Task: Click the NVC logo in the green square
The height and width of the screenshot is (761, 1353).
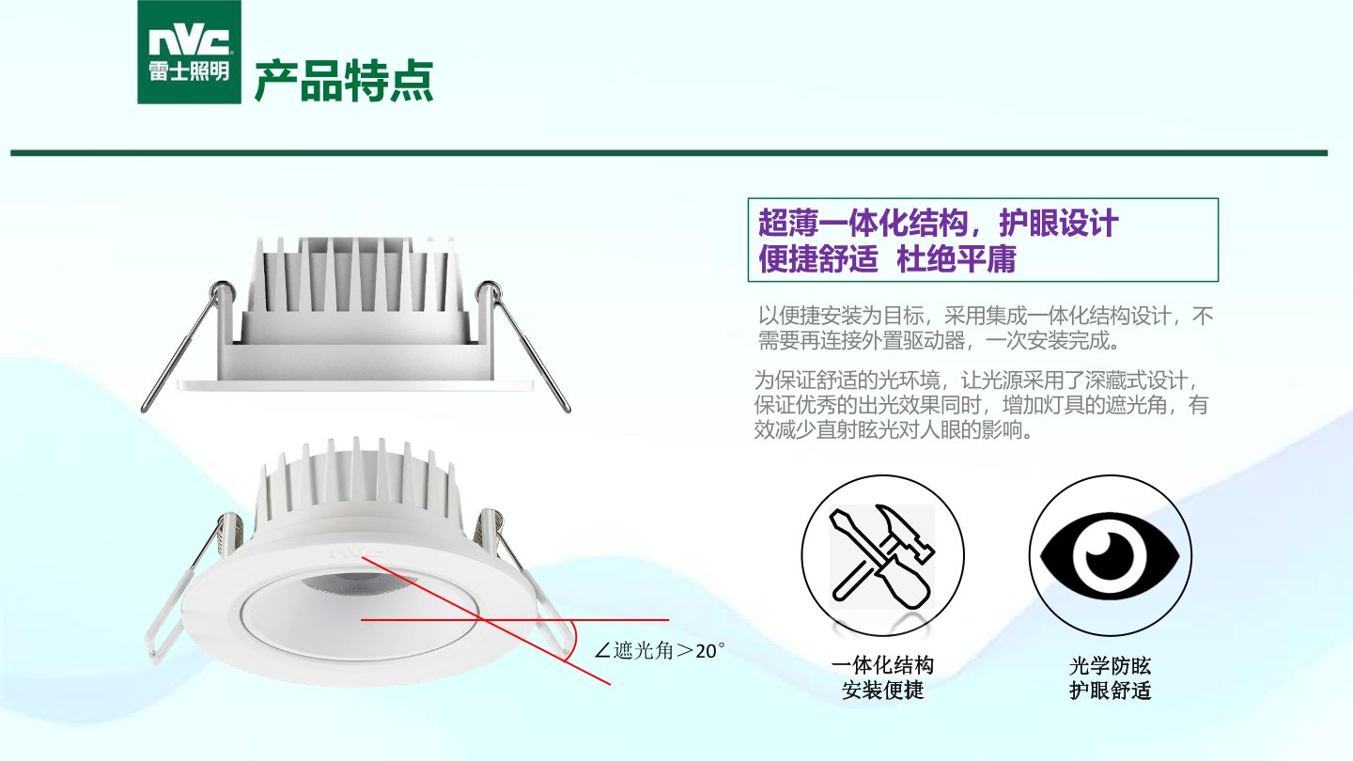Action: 189,52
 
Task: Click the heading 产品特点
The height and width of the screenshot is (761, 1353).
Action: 344,81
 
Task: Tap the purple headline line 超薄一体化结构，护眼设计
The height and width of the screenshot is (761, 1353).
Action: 938,223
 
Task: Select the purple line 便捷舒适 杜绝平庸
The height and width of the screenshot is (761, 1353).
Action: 887,258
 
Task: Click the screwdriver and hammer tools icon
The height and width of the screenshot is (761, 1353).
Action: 882,556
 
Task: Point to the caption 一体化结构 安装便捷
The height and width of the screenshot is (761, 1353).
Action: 882,677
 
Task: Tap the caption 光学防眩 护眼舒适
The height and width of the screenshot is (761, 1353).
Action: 1111,677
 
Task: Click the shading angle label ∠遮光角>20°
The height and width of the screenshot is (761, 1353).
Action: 659,650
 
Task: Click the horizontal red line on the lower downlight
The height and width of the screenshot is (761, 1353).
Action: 515,620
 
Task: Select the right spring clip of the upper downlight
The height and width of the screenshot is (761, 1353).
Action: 523,346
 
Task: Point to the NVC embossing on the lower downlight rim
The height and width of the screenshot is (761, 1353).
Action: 356,552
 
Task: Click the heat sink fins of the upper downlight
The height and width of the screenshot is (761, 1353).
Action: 355,274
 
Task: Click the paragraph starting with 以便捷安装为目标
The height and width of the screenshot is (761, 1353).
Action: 985,328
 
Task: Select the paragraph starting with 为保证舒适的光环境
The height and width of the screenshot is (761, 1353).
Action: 981,405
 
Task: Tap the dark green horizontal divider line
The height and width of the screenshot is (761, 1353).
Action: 669,153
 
